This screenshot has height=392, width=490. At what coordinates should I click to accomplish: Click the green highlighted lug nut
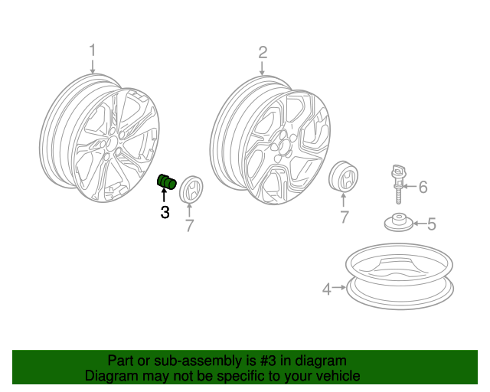click(167, 181)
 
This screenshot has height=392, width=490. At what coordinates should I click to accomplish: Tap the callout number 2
click(263, 53)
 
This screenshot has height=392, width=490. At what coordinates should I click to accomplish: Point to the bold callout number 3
click(165, 212)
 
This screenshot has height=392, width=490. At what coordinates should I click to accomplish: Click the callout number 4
click(327, 289)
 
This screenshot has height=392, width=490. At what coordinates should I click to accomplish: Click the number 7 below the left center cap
click(189, 225)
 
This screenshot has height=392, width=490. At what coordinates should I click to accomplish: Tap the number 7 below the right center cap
click(344, 217)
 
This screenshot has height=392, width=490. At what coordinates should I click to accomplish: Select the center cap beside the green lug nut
click(191, 189)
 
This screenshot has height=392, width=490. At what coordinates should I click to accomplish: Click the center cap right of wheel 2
click(343, 176)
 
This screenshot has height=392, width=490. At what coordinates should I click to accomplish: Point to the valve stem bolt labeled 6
click(398, 184)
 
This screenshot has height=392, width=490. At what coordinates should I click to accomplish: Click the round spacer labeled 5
click(399, 223)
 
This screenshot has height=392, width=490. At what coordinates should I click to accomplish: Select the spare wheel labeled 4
click(400, 276)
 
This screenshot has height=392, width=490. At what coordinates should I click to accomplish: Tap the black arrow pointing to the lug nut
click(163, 195)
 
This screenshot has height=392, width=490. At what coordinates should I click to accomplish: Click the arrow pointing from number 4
click(338, 287)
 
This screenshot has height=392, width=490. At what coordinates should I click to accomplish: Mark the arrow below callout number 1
click(92, 67)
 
